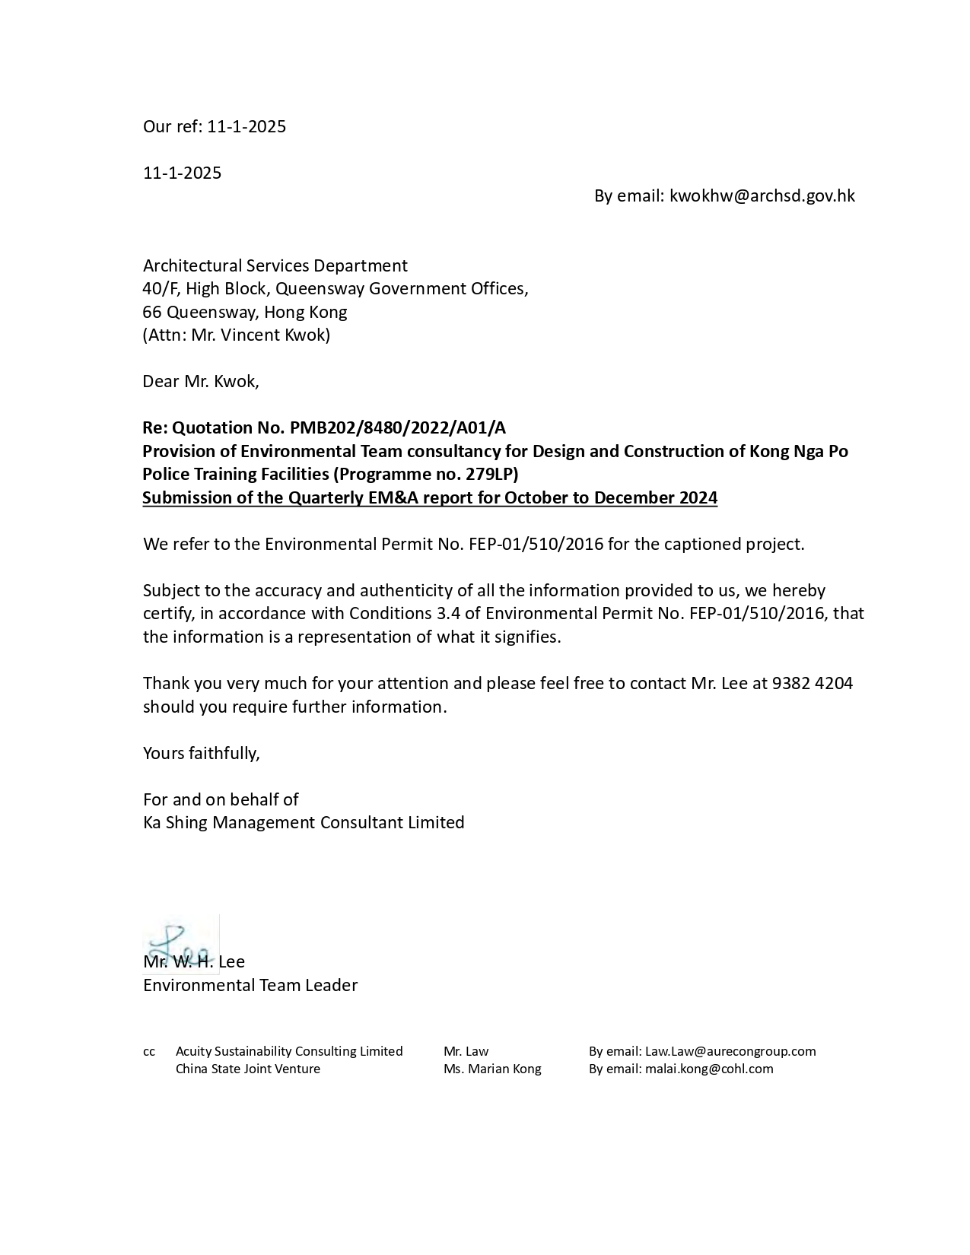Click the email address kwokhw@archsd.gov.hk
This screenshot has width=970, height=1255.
point(762,196)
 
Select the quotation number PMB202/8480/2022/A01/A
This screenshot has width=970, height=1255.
point(397,428)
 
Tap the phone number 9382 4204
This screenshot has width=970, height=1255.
point(812,683)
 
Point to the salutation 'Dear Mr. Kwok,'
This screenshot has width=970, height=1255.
point(201,382)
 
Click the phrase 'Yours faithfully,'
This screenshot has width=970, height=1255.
point(202,753)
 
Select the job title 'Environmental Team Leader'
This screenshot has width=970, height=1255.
point(250,986)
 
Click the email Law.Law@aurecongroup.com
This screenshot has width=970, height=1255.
point(730,1051)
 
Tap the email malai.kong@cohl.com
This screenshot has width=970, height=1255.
point(709,1069)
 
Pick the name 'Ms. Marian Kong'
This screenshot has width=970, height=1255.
point(492,1069)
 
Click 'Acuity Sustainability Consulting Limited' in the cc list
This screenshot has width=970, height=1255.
point(289,1051)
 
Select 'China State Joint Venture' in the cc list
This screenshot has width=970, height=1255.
point(248,1069)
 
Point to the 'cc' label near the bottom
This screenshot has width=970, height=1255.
point(149,1051)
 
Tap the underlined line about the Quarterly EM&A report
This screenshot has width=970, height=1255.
point(430,498)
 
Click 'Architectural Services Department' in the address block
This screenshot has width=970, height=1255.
point(275,265)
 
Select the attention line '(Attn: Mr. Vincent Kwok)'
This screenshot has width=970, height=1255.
point(237,335)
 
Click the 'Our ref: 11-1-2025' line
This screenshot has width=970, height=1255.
point(215,126)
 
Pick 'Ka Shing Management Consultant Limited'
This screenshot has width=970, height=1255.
point(304,823)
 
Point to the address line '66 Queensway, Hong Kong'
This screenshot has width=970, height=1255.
point(245,312)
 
